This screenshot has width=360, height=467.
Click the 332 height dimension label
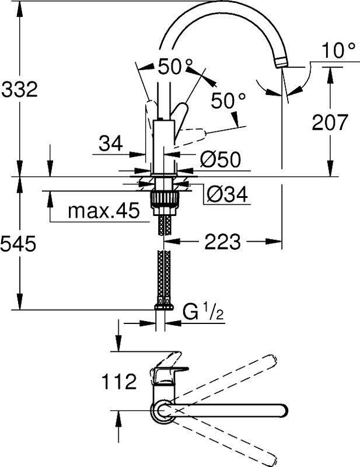pyautogui.click(x=19, y=90)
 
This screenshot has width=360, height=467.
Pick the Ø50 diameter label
pyautogui.click(x=221, y=159)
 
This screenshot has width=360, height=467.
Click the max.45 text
pyautogui.click(x=104, y=210)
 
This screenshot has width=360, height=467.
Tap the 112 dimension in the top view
pyautogui.click(x=119, y=382)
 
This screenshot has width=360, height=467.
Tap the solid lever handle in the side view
pyautogui.click(x=183, y=113)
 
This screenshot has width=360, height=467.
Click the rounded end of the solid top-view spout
pyautogui.click(x=282, y=410)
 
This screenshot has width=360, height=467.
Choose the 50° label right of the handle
pyautogui.click(x=225, y=102)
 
